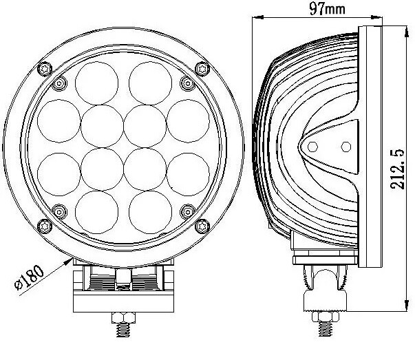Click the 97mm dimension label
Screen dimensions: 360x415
pyautogui.click(x=328, y=8)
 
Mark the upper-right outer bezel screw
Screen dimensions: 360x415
pyautogui.click(x=202, y=67)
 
